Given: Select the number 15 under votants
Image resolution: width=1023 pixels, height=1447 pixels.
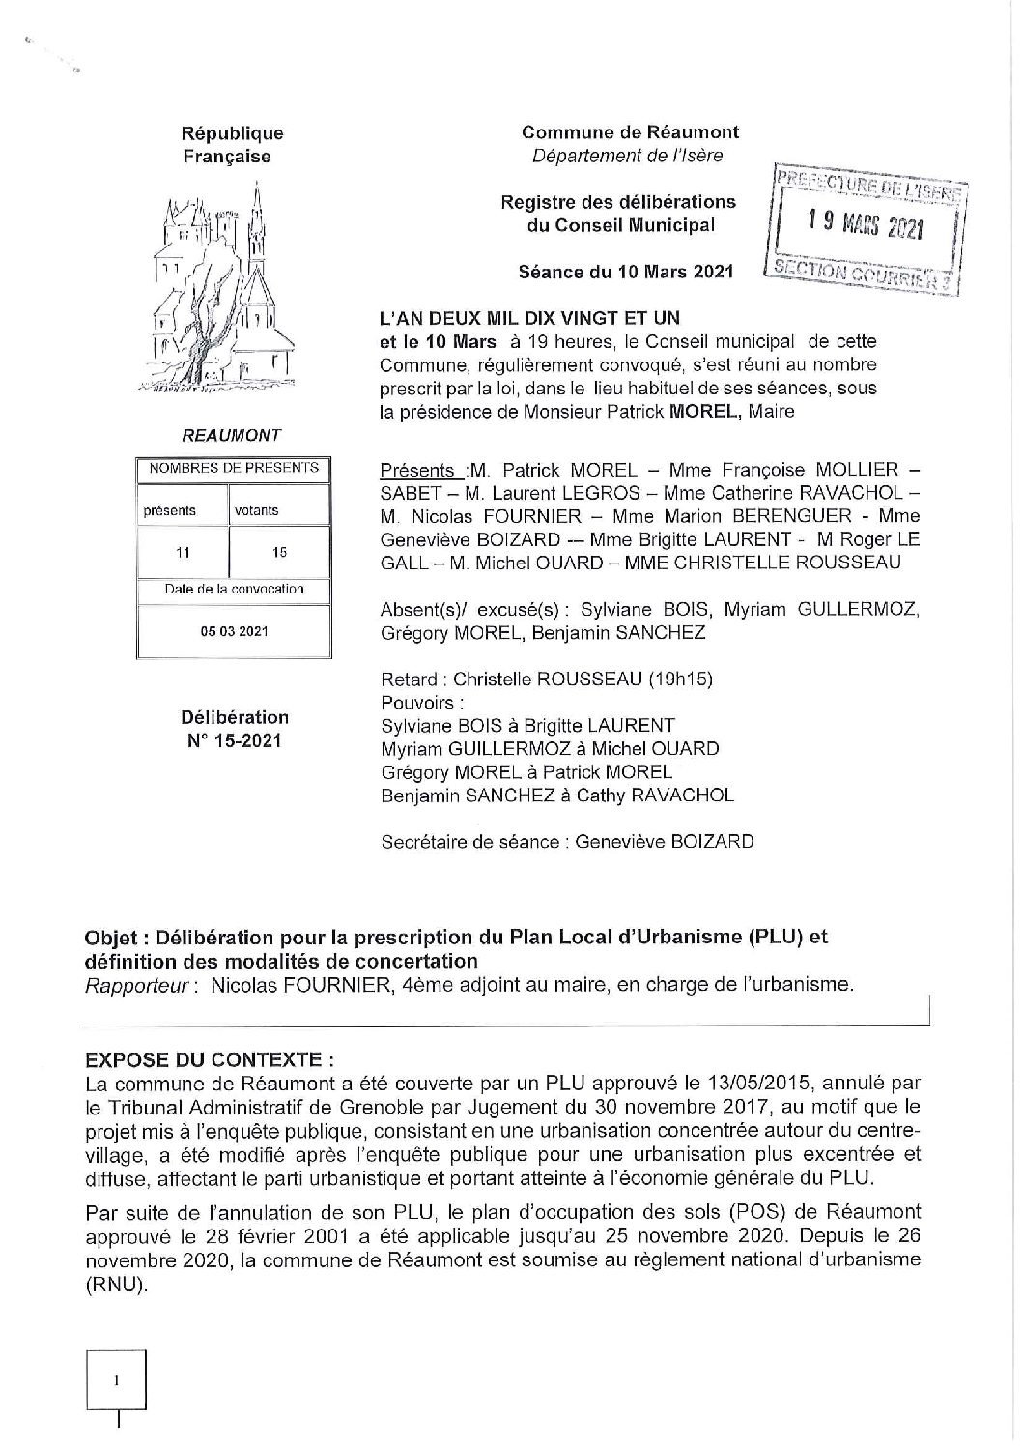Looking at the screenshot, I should click(x=279, y=552).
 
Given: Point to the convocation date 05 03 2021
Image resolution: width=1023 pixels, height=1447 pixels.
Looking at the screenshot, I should click(x=234, y=631).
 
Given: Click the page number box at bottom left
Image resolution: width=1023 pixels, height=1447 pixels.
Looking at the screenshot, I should click(x=116, y=1382).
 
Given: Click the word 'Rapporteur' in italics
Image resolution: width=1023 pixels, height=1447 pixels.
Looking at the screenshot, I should click(x=133, y=986).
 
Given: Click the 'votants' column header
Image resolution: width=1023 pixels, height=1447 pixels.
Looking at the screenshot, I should click(x=256, y=510).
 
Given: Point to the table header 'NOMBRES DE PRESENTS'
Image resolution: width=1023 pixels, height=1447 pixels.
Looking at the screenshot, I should click(x=234, y=468).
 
